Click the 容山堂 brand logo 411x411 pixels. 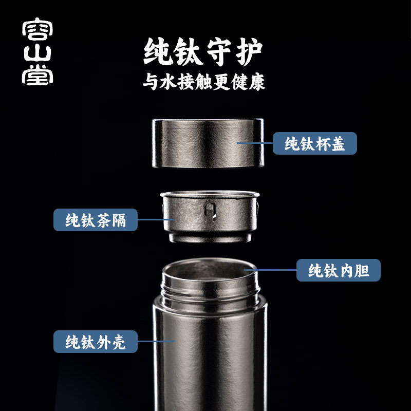coord(38,53)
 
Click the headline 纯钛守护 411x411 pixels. coord(203,52)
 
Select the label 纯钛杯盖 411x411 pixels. coord(314,143)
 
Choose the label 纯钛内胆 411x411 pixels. coord(339,270)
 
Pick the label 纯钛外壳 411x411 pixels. coord(96,341)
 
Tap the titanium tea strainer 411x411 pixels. coord(208,216)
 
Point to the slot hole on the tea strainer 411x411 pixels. coord(209,211)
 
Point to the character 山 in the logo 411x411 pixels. coord(38,53)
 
